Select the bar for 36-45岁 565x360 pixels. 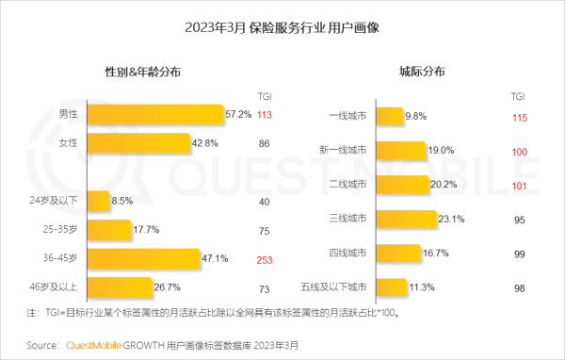(x=145, y=257)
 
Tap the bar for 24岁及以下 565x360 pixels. (x=95, y=201)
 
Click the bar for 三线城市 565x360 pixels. (x=405, y=220)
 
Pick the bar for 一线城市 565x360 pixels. (x=388, y=116)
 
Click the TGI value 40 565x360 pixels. (x=264, y=201)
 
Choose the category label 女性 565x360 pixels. (x=68, y=143)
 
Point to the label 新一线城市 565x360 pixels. (x=344, y=150)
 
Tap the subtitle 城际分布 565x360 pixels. (x=422, y=72)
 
